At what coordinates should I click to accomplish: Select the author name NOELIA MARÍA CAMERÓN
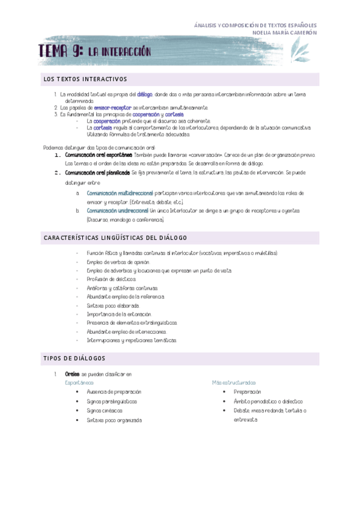click(x=285, y=32)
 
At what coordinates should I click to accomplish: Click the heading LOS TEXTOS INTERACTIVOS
click(x=84, y=79)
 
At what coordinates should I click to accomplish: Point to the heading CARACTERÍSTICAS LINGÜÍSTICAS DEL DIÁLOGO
click(x=115, y=238)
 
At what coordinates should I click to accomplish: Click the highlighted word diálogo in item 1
click(x=145, y=94)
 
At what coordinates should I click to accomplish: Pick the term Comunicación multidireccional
click(x=120, y=193)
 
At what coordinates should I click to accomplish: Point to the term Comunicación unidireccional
click(x=118, y=211)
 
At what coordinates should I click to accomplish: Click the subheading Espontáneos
click(x=79, y=382)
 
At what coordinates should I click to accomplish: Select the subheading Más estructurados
click(x=233, y=382)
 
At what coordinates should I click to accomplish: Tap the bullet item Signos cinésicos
click(x=104, y=410)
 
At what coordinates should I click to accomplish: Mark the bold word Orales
click(x=72, y=374)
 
